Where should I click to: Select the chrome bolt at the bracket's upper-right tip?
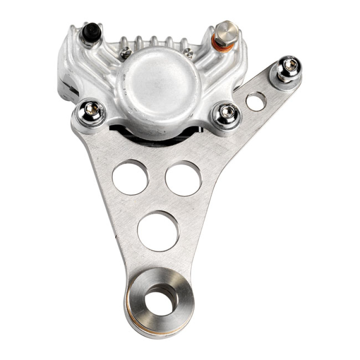tap(289, 67)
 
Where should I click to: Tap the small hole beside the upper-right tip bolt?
tap(256, 101)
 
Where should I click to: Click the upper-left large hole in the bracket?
tap(130, 177)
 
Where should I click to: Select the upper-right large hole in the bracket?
tap(183, 178)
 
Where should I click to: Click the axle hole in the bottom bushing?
tap(160, 300)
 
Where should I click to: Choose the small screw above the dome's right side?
tap(189, 53)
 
